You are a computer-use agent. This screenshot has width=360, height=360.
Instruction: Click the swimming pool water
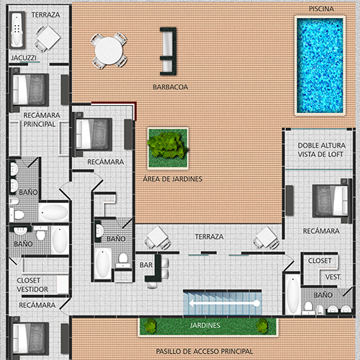tap(320, 66)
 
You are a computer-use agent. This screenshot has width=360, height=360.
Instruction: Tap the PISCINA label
tap(321, 9)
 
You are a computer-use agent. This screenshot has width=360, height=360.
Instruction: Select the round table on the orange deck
tap(109, 50)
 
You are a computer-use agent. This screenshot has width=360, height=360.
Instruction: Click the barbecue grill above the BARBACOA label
tap(168, 51)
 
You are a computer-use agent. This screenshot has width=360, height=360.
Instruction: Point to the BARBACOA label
tap(171, 87)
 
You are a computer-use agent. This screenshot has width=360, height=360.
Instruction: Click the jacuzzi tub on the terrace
tap(17, 30)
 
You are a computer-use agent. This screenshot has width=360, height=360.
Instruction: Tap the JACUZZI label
tap(24, 58)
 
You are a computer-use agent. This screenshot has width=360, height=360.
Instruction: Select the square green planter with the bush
tap(168, 148)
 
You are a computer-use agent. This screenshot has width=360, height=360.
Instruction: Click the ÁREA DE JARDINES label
tap(173, 179)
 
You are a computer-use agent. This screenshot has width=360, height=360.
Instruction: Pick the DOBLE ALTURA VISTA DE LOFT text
tap(322, 150)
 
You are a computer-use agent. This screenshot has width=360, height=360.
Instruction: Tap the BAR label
tap(146, 265)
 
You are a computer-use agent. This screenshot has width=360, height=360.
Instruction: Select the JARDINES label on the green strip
tap(205, 325)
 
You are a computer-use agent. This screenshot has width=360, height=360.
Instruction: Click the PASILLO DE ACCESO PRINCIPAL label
tap(204, 351)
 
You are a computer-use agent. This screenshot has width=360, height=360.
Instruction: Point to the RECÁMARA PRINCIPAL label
tap(42, 120)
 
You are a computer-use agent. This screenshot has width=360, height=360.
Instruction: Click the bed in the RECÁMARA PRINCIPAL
tap(30, 90)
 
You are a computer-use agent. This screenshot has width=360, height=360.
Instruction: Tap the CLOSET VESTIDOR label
tap(32, 285)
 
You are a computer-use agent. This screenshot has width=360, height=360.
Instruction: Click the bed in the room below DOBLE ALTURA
tap(330, 201)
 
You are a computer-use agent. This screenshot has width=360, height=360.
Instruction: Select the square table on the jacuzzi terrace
tap(48, 38)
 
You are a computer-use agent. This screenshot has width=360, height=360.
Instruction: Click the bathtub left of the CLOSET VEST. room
tap(293, 294)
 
